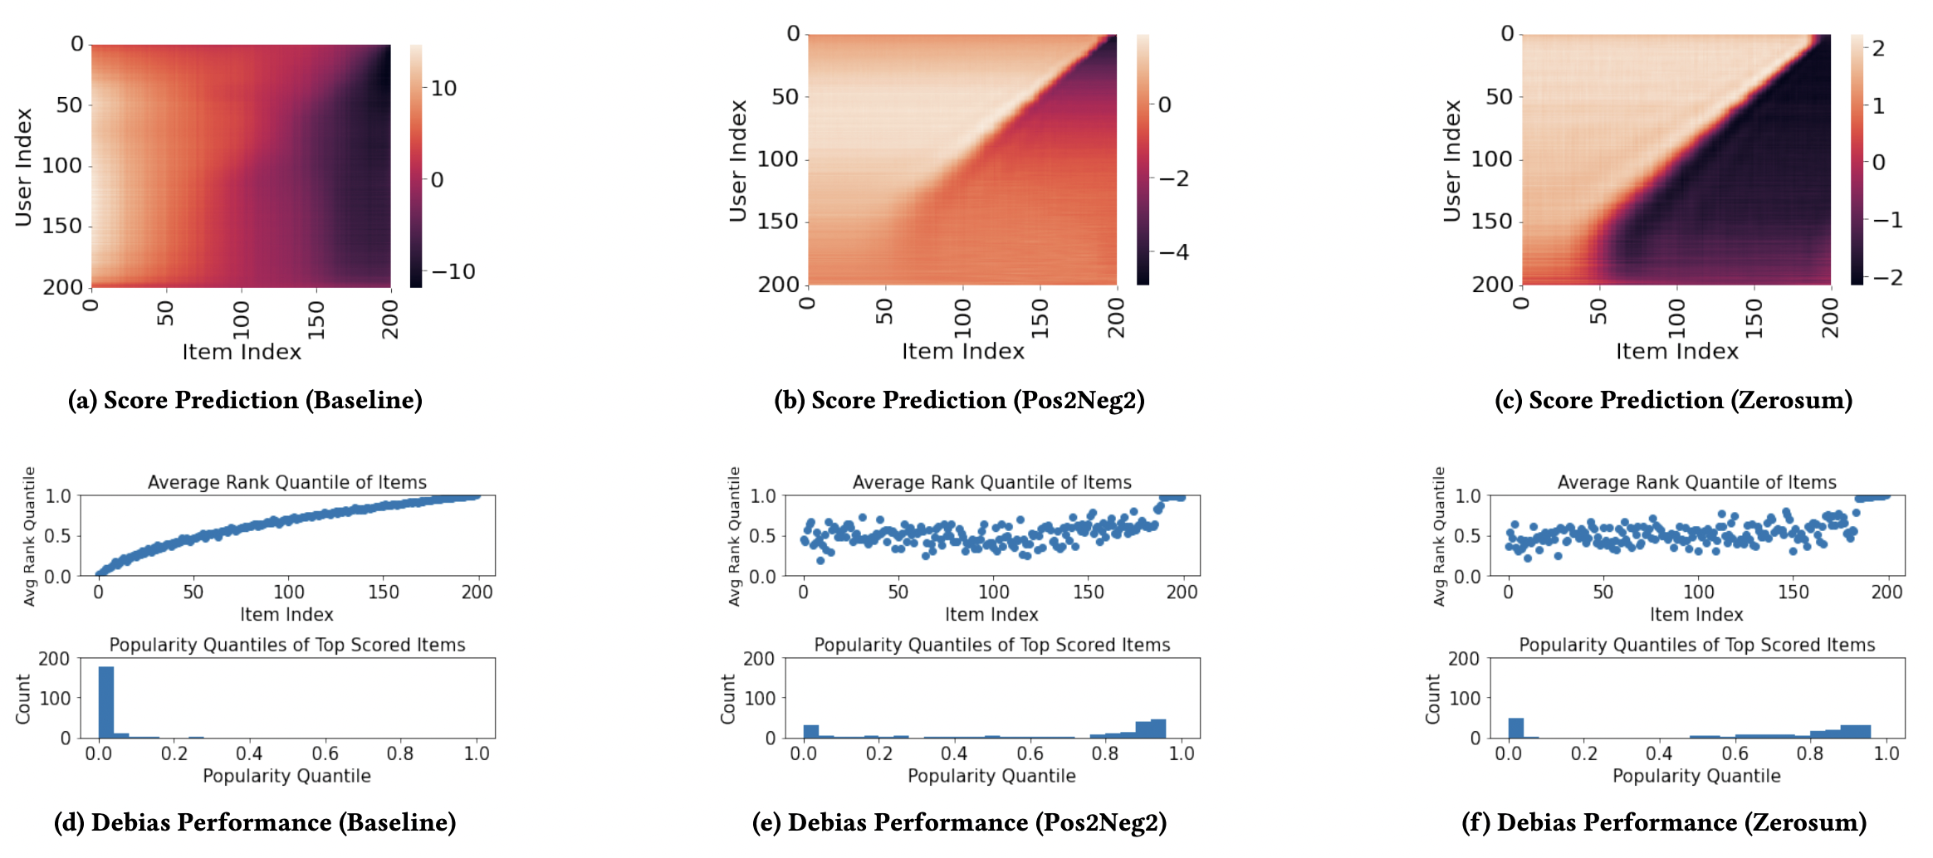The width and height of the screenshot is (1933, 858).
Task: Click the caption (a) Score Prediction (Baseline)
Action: click(x=245, y=401)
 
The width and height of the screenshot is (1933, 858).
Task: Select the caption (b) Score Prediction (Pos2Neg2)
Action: click(x=959, y=401)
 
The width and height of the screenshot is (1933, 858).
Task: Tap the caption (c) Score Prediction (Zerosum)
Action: click(x=1673, y=401)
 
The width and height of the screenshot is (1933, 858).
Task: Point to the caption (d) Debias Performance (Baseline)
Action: click(x=255, y=822)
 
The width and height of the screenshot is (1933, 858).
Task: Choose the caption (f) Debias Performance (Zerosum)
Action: click(x=1664, y=822)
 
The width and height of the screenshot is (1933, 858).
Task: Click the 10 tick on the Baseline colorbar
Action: click(x=443, y=89)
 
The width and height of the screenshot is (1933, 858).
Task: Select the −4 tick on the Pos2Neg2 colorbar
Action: click(x=1173, y=252)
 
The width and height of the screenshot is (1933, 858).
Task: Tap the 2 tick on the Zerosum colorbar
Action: click(x=1878, y=48)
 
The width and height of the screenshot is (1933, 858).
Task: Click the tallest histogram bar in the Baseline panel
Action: click(x=106, y=702)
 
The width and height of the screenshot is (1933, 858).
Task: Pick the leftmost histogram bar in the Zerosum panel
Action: click(x=1515, y=728)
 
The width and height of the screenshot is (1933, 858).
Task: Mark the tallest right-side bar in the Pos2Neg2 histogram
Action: click(x=1158, y=729)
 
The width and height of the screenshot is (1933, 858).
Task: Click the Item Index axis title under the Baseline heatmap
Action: click(x=242, y=352)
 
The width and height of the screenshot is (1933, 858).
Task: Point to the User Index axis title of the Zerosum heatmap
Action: click(x=1451, y=161)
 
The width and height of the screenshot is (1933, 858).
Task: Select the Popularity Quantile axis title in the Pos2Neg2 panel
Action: click(x=991, y=776)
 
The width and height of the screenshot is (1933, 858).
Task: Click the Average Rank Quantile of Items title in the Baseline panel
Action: click(x=287, y=482)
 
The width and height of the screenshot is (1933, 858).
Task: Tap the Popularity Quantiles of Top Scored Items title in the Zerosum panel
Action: click(x=1696, y=645)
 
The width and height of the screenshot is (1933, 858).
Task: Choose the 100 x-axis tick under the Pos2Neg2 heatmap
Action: click(x=962, y=318)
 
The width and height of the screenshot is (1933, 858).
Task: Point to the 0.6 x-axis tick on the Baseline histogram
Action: click(x=325, y=753)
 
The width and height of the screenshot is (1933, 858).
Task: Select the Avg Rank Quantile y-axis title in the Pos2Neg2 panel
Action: click(x=734, y=536)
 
